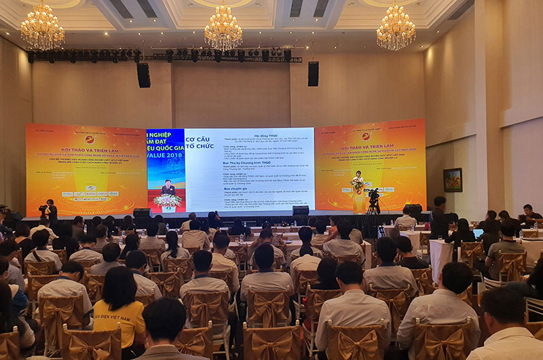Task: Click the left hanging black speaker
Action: coord(144,75)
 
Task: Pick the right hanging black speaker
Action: coord(313,73)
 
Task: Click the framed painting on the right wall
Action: coord(453,179)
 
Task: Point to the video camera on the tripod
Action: coord(373,196)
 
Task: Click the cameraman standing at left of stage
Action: coord(51,210)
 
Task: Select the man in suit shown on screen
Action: coord(167,187)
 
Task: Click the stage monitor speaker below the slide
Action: coord(301,211)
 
